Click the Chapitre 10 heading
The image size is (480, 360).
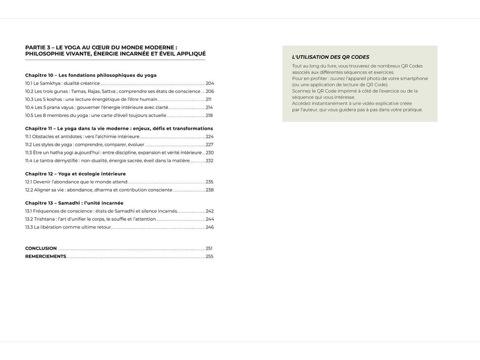point(91,75)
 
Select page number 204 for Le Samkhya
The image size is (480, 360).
point(210,83)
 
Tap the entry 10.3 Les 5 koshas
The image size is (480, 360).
point(91,99)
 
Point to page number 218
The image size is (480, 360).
point(209,115)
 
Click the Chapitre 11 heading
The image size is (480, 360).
point(119,128)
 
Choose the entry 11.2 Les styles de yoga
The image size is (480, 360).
point(84,144)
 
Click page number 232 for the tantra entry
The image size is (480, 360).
point(210,161)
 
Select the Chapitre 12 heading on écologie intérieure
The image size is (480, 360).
point(75,174)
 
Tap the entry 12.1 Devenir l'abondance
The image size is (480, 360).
point(76,182)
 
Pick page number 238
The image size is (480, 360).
point(210,190)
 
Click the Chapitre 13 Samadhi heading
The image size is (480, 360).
point(74,203)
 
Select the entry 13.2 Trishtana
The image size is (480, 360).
point(90,219)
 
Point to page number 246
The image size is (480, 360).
point(210,227)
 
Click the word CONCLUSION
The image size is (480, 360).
point(41,248)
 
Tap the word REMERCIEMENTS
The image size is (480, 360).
point(45,256)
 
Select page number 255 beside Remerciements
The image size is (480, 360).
point(210,256)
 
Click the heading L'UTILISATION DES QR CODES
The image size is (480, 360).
point(330,57)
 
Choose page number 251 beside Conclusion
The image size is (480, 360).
point(209,248)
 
